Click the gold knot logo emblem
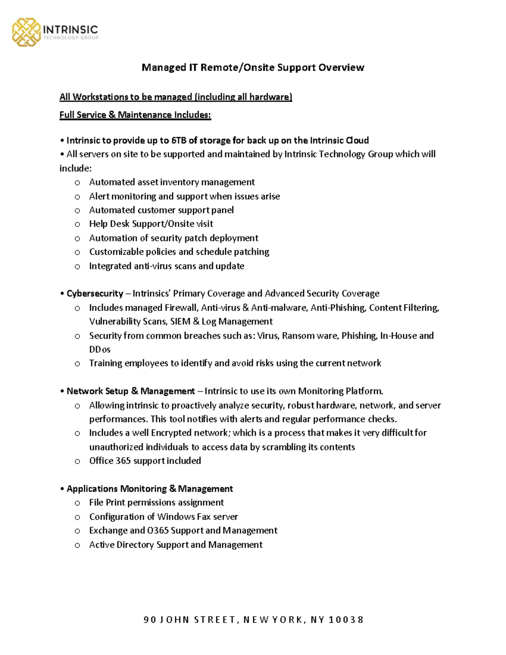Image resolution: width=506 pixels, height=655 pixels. pyautogui.click(x=26, y=32)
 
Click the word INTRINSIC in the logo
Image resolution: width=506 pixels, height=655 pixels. pyautogui.click(x=70, y=30)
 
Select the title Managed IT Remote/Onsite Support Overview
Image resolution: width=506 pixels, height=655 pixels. pyautogui.click(x=253, y=67)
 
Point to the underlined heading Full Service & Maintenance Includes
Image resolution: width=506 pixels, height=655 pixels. pyautogui.click(x=135, y=115)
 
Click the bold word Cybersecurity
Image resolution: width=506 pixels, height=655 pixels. pyautogui.click(x=95, y=294)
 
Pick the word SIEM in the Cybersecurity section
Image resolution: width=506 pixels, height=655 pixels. pyautogui.click(x=180, y=321)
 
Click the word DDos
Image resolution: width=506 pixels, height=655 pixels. pyautogui.click(x=100, y=350)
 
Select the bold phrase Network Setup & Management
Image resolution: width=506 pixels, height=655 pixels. pyautogui.click(x=131, y=391)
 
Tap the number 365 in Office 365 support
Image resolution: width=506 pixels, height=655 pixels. pyautogui.click(x=123, y=461)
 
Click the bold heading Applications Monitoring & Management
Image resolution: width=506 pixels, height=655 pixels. pyautogui.click(x=150, y=489)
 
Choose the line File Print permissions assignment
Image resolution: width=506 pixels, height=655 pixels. pyautogui.click(x=156, y=503)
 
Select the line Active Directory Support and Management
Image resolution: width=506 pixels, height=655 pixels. pyautogui.click(x=175, y=545)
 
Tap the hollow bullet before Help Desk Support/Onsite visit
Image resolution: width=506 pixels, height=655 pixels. pyautogui.click(x=77, y=224)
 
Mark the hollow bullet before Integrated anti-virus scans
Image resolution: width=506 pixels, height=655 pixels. pyautogui.click(x=77, y=267)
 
